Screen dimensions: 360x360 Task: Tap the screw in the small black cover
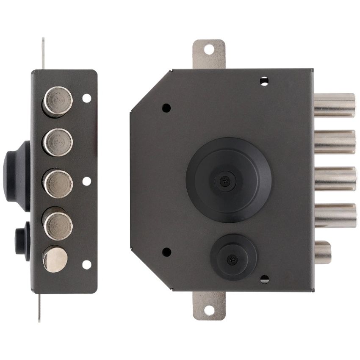(232, 260)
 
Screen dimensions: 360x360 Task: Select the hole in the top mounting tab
(209, 50)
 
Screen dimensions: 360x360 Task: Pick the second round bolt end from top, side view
(58, 142)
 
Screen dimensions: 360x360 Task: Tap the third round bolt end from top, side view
(58, 183)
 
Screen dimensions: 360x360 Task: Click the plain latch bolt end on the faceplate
(55, 259)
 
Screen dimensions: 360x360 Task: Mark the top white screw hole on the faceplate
(86, 98)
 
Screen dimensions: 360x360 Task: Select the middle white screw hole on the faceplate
(86, 181)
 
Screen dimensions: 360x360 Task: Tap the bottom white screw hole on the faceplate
(86, 265)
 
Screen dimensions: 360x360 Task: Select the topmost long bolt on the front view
(335, 105)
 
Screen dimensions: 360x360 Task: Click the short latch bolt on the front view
(323, 252)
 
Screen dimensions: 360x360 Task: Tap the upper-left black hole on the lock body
(166, 108)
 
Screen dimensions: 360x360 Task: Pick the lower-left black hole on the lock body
(166, 252)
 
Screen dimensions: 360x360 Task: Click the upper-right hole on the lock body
(264, 80)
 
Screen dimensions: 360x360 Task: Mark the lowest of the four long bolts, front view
(335, 216)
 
